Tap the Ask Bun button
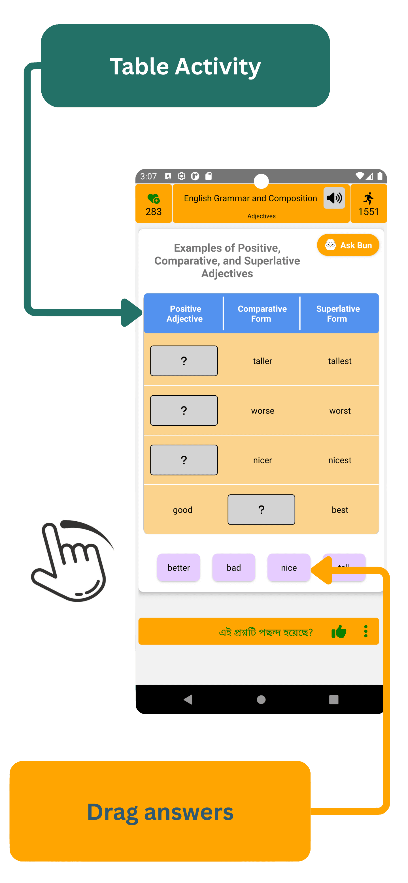pos(348,245)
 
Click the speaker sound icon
pos(334,198)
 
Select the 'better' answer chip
pos(178,568)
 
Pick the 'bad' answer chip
pos(234,568)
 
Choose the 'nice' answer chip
pos(289,568)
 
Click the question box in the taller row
pos(184,361)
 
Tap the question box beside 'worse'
pos(184,410)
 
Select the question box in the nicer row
pos(184,460)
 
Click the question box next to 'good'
pos(261,510)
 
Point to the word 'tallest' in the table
pos(340,361)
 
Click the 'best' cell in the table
pos(340,510)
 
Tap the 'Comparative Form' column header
pos(262,314)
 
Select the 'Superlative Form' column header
pos(338,314)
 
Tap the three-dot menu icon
pos(366,631)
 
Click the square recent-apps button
pos(333,700)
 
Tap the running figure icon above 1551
pos(369,198)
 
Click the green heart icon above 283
pos(153,198)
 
